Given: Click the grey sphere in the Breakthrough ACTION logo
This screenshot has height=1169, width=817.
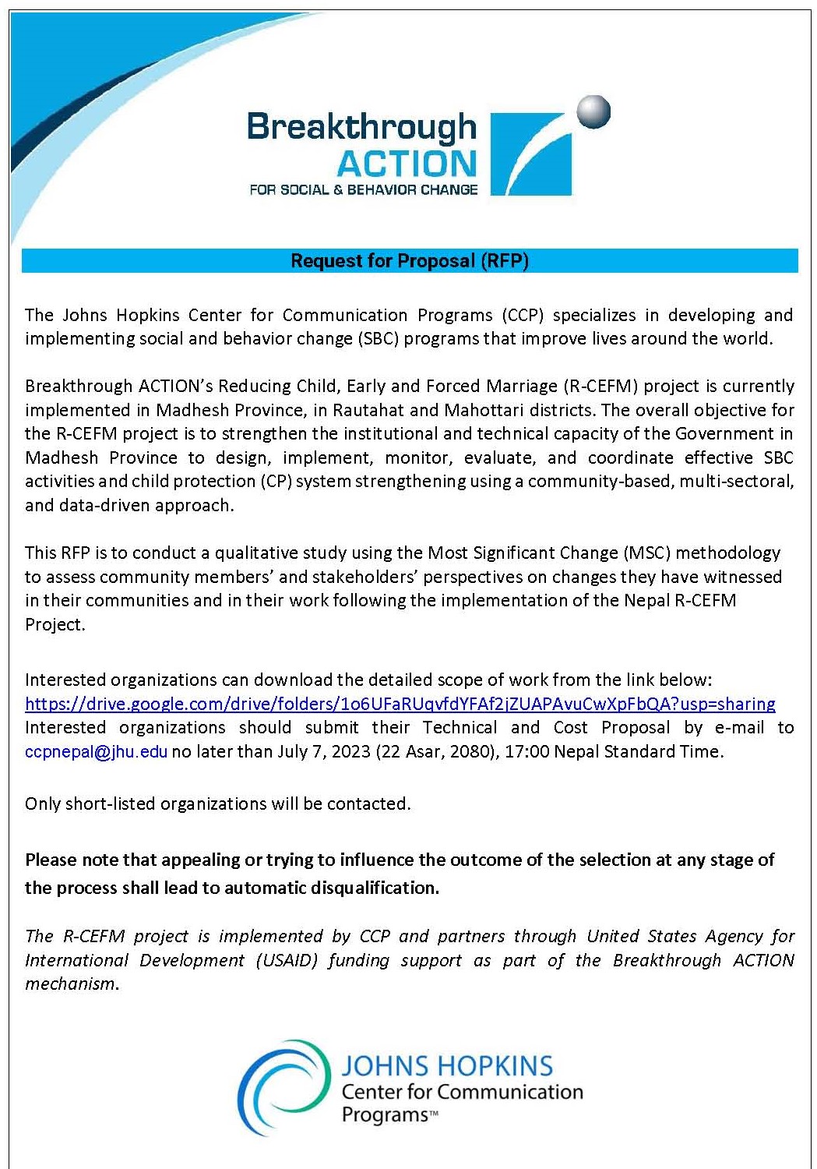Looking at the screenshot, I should pos(593,112).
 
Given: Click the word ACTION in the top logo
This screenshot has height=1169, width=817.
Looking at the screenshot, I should pos(407,164).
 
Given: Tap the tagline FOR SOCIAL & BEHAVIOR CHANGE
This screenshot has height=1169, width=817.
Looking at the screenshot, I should pos(363,189).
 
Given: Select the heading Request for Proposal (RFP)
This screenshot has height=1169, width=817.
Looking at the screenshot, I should pos(410,261).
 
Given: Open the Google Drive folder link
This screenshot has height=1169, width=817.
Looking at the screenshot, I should pos(400,705).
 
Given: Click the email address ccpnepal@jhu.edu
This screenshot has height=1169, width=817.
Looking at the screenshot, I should pos(96,752).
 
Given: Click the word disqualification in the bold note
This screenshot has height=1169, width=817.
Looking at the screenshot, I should pos(375,888).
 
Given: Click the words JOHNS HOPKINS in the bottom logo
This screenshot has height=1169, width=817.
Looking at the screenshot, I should pos(446,1066).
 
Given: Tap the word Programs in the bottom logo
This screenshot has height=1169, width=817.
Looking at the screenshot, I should pos(385,1115).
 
